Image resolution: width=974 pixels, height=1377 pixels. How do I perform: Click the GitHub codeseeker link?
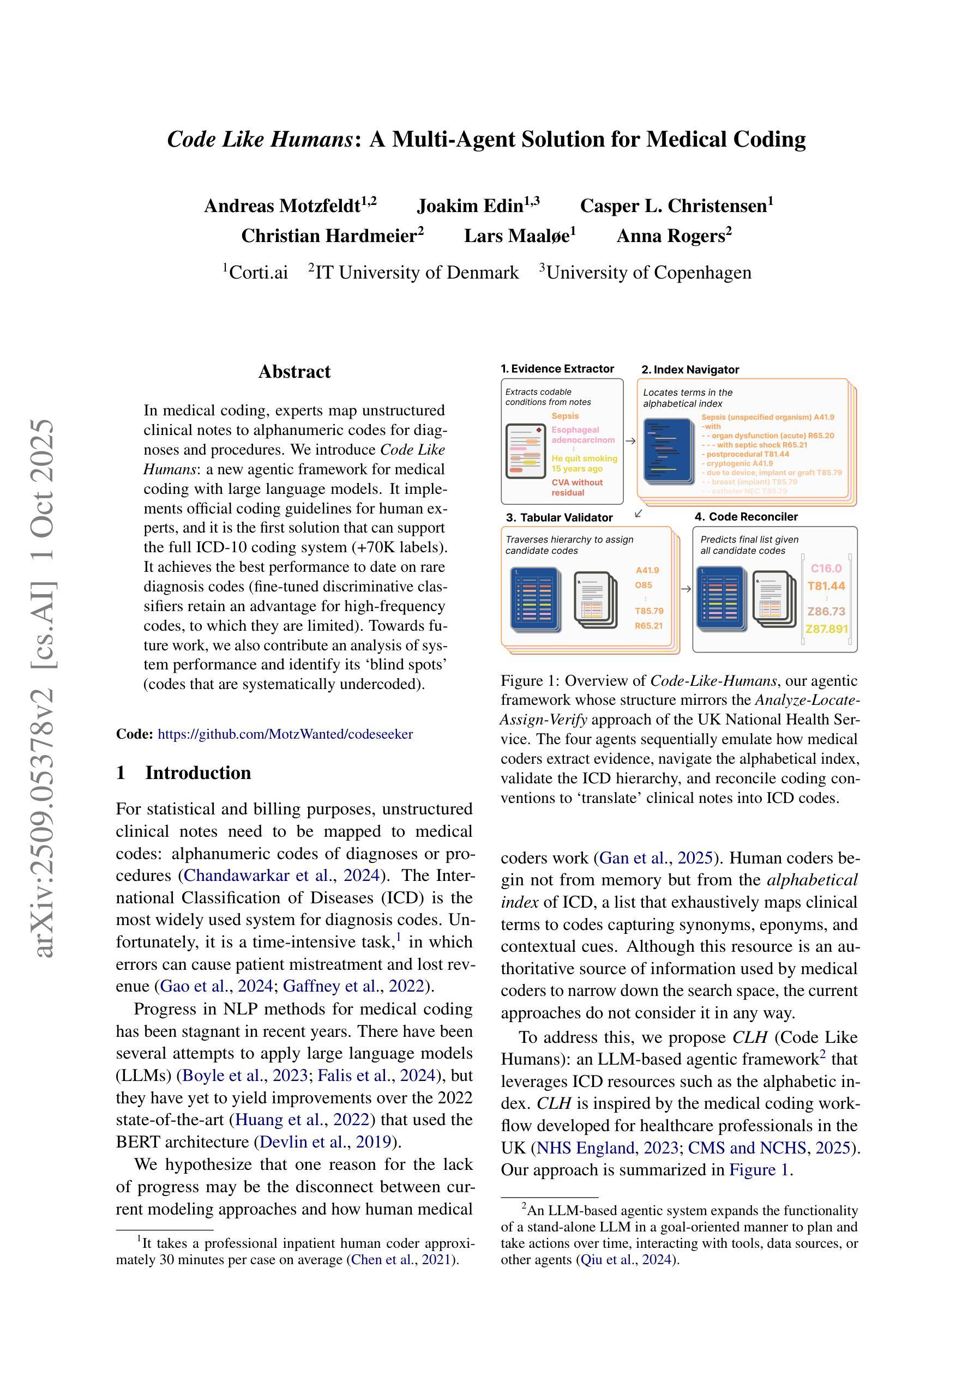(285, 734)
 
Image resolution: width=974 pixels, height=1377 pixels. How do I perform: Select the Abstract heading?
(294, 372)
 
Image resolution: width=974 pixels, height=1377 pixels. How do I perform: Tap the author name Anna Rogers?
(674, 236)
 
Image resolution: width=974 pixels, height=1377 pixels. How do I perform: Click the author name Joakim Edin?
(478, 206)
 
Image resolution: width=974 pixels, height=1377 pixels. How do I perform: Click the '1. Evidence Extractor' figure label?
(557, 369)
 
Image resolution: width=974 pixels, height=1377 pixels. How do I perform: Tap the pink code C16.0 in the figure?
(826, 568)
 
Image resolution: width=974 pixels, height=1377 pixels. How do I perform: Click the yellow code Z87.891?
(826, 629)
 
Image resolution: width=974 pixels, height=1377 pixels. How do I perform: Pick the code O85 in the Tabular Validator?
(644, 585)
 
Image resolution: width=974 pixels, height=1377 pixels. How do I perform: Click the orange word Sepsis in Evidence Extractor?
(566, 415)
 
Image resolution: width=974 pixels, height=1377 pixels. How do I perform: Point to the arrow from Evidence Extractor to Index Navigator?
(630, 441)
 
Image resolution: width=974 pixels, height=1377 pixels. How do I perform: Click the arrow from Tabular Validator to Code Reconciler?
(686, 589)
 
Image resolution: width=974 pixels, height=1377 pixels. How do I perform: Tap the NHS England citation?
(586, 1148)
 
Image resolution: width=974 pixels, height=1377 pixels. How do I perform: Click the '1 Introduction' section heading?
(184, 773)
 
